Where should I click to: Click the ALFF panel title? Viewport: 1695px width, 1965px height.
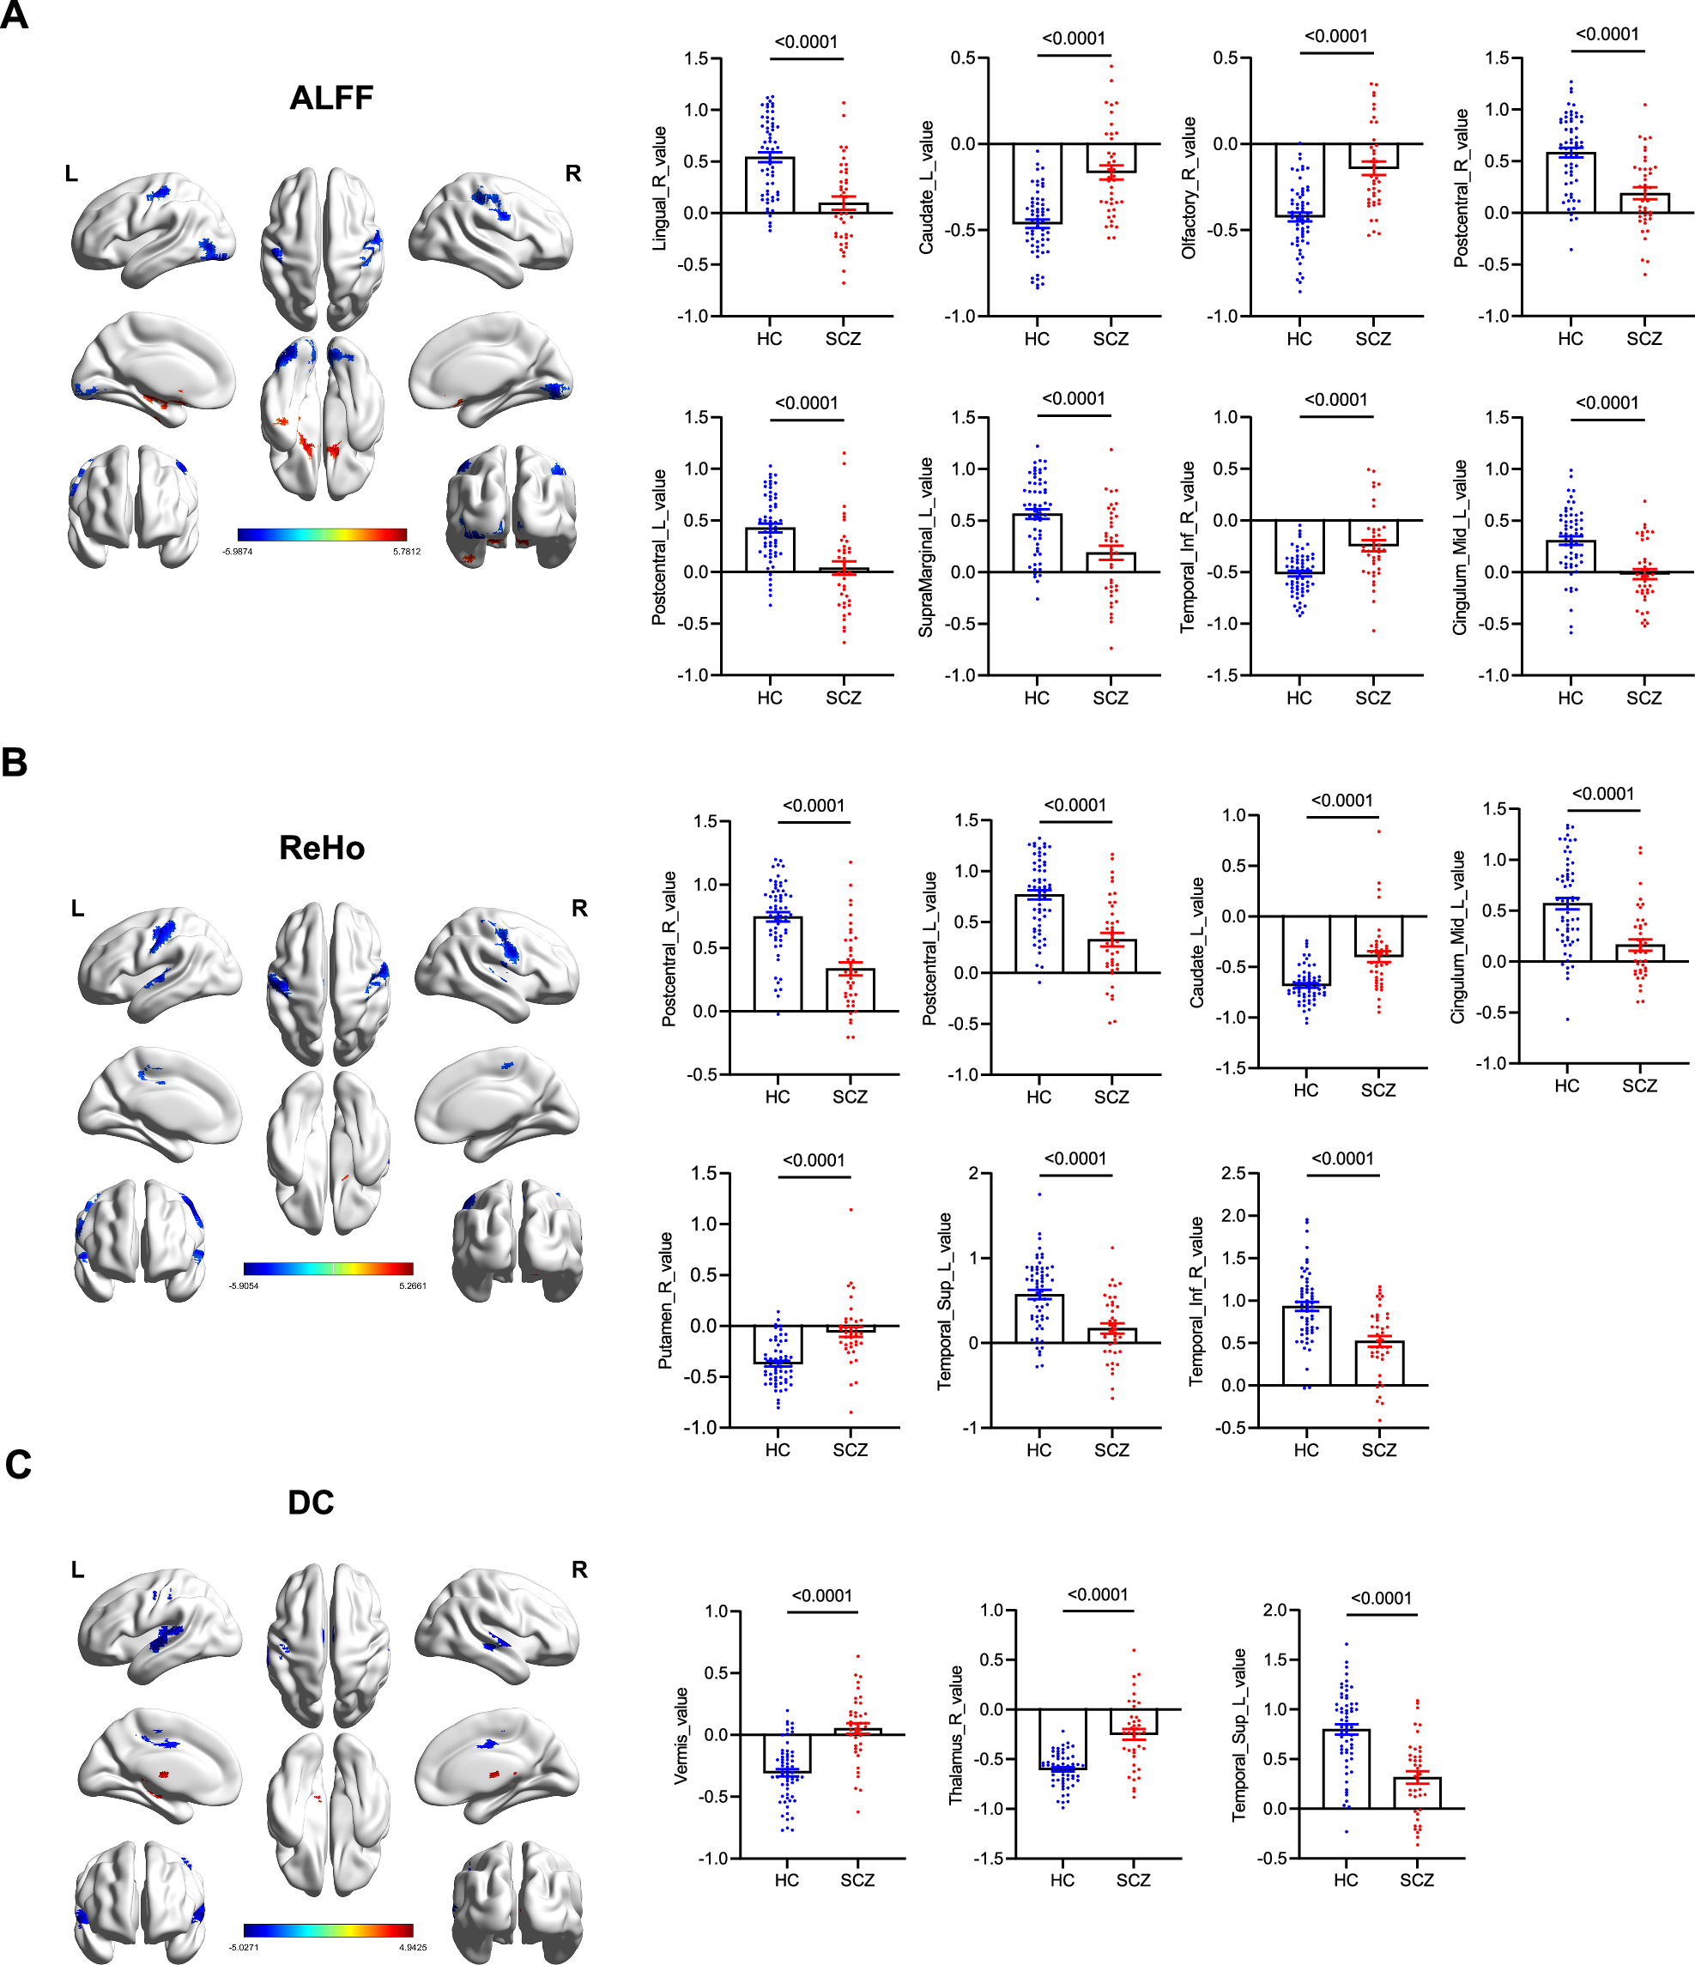[331, 98]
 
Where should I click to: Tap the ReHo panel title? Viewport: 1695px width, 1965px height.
[322, 848]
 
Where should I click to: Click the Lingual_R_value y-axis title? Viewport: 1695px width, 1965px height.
[660, 188]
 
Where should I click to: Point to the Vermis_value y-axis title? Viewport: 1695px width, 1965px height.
[681, 1737]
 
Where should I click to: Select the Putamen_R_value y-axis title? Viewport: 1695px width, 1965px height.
[666, 1300]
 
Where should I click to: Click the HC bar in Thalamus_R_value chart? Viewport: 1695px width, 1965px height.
[1062, 1739]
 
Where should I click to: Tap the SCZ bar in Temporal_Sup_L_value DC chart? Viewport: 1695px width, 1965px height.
[1417, 1793]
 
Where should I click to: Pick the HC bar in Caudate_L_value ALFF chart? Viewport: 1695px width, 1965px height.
[1037, 184]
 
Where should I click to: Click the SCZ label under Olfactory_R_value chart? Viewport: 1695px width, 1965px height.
[1372, 339]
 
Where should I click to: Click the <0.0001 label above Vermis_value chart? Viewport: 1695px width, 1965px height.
[821, 1596]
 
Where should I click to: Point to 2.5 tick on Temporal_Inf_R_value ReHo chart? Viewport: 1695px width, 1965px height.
[1233, 1173]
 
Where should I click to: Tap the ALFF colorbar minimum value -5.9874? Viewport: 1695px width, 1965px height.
[238, 551]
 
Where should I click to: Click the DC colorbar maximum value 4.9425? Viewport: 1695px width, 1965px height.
[413, 1947]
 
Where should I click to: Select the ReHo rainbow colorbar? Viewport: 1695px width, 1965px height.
[328, 1268]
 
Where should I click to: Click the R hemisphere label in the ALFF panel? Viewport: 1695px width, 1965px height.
[573, 173]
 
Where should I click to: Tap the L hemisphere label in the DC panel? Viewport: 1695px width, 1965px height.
[78, 1569]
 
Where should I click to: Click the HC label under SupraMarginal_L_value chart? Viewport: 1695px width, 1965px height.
[1037, 698]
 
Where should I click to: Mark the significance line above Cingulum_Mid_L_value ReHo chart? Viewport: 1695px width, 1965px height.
[1603, 810]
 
